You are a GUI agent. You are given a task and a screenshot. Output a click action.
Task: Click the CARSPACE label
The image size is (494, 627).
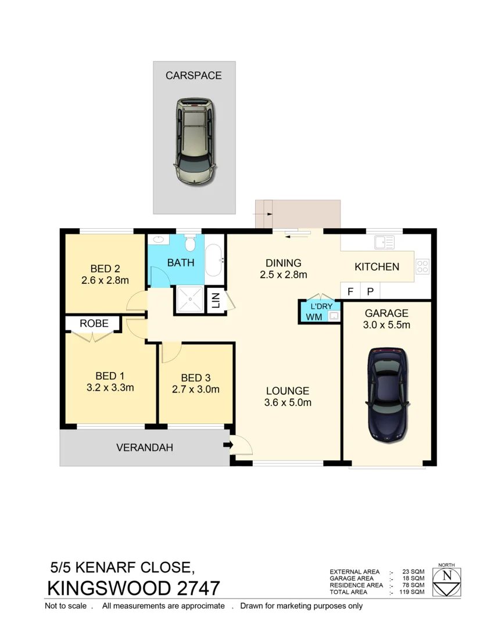[194, 75]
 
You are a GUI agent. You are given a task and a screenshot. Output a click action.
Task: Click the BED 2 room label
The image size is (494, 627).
[105, 269]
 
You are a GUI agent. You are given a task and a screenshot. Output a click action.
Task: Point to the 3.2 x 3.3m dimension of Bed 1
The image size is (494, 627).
[110, 388]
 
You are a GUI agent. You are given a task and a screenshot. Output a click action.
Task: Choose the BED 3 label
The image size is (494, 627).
[195, 378]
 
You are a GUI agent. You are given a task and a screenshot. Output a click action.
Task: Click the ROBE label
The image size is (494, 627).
[94, 323]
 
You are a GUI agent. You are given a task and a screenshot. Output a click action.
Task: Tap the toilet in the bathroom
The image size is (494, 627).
[189, 242]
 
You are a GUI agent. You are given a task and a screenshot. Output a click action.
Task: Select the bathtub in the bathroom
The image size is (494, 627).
[213, 260]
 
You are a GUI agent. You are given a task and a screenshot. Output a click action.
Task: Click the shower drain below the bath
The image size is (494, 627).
[189, 301]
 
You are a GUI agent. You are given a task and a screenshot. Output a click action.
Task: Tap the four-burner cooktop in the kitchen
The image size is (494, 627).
[423, 266]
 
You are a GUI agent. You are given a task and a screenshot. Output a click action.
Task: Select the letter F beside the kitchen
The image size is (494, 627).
[350, 291]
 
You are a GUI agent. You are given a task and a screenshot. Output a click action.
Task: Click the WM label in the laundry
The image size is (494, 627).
[314, 317]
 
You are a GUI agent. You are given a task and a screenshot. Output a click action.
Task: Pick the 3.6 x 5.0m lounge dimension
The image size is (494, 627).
[288, 402]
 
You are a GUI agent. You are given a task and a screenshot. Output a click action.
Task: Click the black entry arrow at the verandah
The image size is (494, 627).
[227, 446]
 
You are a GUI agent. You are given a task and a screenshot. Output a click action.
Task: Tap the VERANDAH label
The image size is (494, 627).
[145, 448]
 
